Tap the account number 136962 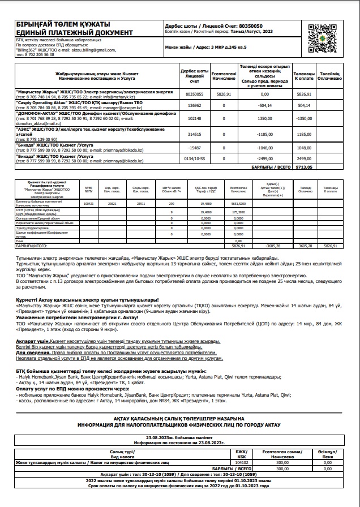(195, 105)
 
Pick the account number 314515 (195, 135)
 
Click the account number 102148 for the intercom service (195, 119)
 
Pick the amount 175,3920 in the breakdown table (238, 212)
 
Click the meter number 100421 (88, 203)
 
